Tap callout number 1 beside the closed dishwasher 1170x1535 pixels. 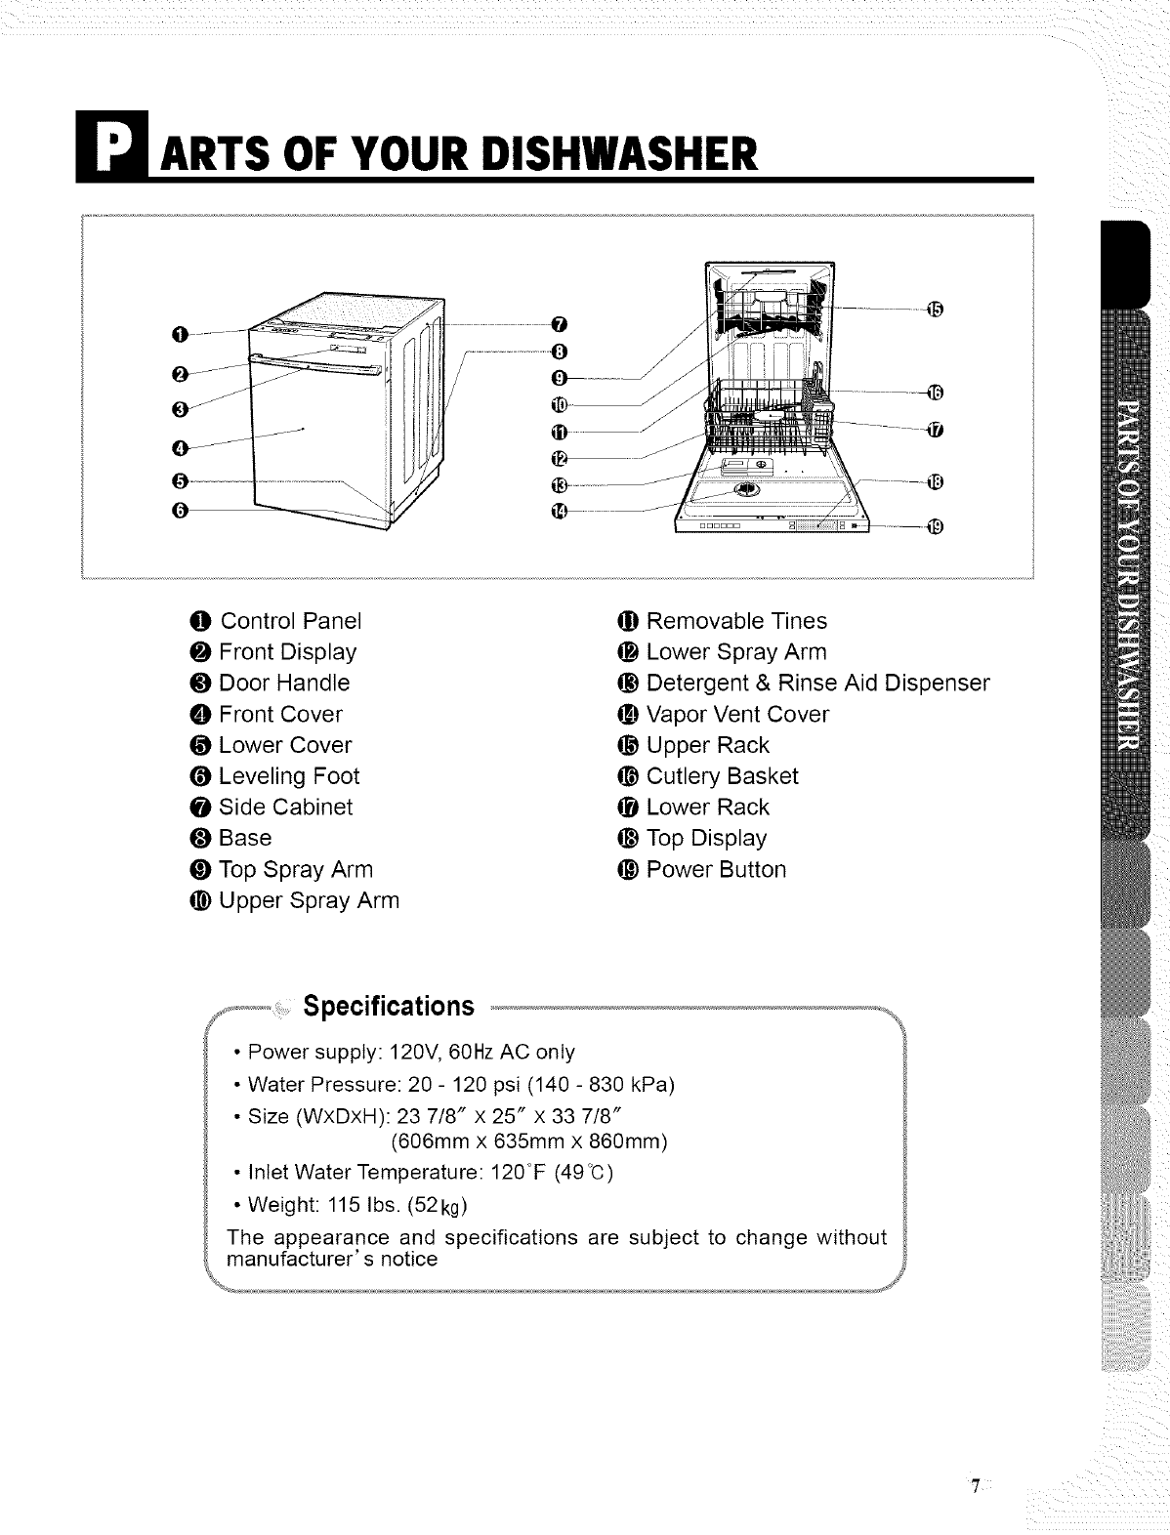click(178, 337)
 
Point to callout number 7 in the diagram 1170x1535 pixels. click(559, 323)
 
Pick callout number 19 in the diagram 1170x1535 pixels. click(934, 528)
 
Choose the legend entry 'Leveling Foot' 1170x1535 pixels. click(289, 776)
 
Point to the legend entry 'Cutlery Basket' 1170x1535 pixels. click(723, 776)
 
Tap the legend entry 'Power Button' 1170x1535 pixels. click(716, 869)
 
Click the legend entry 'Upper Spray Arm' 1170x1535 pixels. click(309, 900)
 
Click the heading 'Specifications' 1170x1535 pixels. click(389, 1006)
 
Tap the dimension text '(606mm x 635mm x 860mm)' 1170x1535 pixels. click(528, 1141)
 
